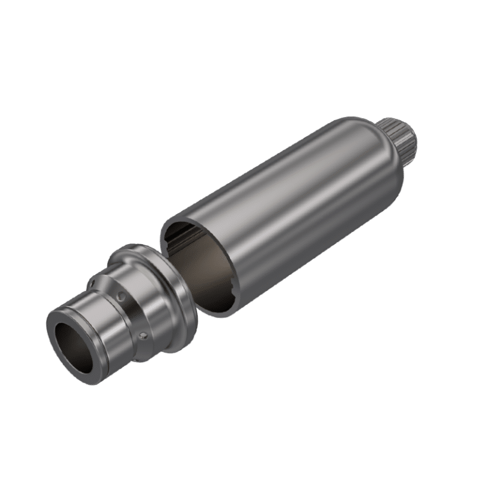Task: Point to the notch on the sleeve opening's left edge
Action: tap(166, 239)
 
